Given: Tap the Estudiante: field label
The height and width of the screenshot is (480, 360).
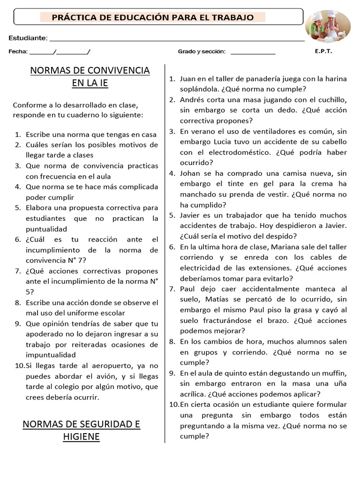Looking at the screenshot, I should [28, 37].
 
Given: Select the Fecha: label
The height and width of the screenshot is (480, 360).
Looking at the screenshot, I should [18, 52].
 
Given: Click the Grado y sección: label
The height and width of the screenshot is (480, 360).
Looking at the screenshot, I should [202, 52].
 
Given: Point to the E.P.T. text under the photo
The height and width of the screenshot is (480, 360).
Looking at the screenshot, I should [323, 52].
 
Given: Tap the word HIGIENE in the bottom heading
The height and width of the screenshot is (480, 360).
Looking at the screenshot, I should [82, 437].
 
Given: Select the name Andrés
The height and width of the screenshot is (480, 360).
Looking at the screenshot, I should [192, 99].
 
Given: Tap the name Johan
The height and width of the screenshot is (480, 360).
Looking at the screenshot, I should [190, 173].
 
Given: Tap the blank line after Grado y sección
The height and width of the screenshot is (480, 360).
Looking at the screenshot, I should [253, 53].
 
